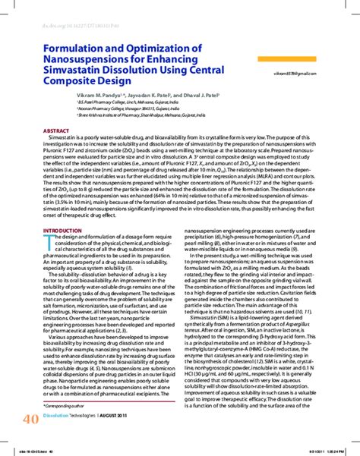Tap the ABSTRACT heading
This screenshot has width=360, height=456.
coord(57,130)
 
